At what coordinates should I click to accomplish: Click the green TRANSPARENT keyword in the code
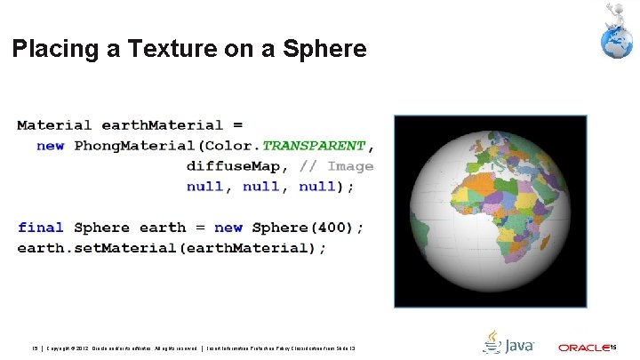pos(314,145)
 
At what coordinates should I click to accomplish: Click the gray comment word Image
pos(350,166)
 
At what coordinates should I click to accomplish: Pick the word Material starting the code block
pos(54,124)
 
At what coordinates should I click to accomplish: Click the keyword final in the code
pos(41,228)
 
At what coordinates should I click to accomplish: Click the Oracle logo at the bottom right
pos(584,346)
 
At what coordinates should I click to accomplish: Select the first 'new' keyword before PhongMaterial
pos(50,145)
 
